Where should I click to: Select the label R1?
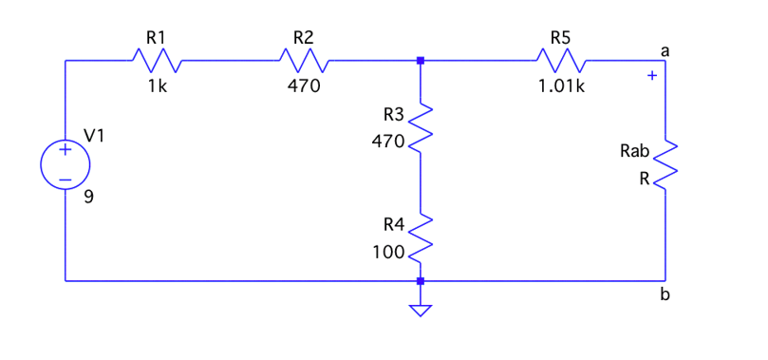155,38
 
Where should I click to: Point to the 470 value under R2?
305,85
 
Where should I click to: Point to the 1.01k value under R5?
562,85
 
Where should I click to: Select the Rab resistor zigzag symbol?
665,164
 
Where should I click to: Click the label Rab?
633,150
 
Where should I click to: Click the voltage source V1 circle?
65,164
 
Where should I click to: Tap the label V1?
95,136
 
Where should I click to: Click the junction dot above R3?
421,61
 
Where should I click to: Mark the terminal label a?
665,49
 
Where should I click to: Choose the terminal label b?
665,295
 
